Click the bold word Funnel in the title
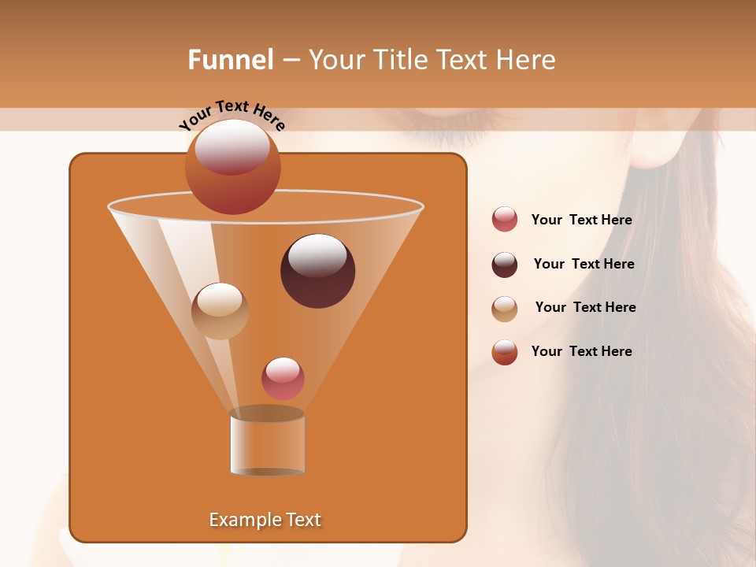click(x=230, y=60)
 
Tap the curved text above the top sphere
click(x=232, y=115)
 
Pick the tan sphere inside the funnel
click(x=220, y=311)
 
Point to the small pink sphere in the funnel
click(x=283, y=378)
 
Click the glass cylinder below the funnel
click(x=267, y=445)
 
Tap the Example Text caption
click(x=265, y=520)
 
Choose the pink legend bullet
click(x=505, y=220)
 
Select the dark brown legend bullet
click(x=505, y=264)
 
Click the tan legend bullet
click(x=505, y=308)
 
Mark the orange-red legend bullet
click(x=505, y=352)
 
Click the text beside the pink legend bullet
click(x=581, y=220)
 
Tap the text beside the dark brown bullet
click(x=584, y=265)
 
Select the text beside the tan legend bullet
click(x=585, y=307)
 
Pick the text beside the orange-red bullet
click(x=581, y=351)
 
